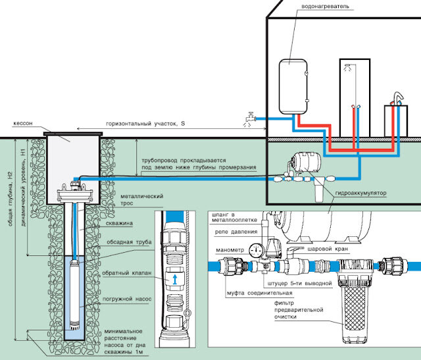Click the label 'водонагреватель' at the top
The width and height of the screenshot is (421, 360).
(325, 6)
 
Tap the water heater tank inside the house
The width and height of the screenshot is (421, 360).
(293, 87)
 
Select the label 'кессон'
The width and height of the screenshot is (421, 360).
(23, 123)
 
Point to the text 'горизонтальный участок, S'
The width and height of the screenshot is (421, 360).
(145, 124)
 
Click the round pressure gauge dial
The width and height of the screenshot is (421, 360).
(256, 250)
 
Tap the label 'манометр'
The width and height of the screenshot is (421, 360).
(230, 250)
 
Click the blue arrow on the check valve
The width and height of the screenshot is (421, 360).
(175, 280)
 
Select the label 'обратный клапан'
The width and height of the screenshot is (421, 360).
(127, 273)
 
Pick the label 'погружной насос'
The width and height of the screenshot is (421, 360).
(127, 299)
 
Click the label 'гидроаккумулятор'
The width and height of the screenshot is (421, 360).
(360, 193)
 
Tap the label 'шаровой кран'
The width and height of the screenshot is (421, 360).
(328, 249)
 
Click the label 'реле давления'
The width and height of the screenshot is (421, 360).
(236, 232)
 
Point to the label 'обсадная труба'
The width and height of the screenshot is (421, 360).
(129, 242)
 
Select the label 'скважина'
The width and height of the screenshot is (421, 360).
(119, 223)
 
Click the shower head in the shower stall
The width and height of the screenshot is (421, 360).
(347, 67)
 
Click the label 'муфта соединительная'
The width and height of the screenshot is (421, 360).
(260, 293)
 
